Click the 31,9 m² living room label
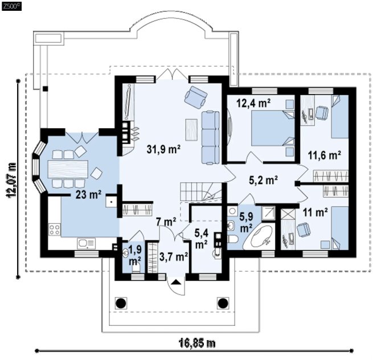click(163, 149)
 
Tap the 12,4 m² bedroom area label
click(253, 103)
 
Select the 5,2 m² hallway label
click(263, 180)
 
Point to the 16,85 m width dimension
click(196, 343)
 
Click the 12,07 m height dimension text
click(11, 180)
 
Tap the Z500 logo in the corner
click(11, 6)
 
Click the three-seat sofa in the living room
click(211, 137)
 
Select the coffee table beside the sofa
click(191, 130)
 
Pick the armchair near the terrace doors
click(195, 97)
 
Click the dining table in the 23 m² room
click(68, 169)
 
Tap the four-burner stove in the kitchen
click(55, 230)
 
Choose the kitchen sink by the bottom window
click(86, 243)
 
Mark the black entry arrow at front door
click(176, 282)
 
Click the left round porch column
click(121, 303)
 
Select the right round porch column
click(223, 303)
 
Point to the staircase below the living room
click(200, 191)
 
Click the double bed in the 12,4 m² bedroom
click(273, 128)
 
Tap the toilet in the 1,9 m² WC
click(136, 269)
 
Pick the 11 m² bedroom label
click(315, 212)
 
